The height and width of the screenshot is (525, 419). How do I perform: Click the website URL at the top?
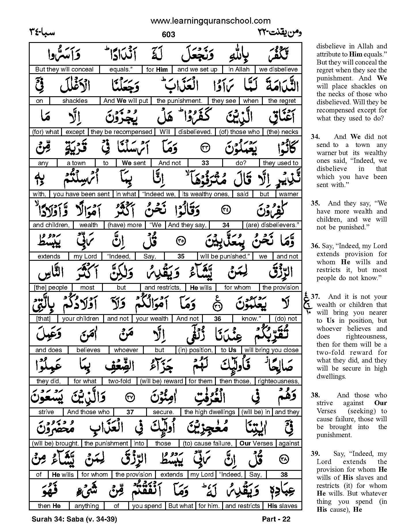click(210, 21)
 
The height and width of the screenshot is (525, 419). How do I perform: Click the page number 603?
click(169, 35)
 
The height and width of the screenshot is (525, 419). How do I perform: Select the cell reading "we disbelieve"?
click(278, 69)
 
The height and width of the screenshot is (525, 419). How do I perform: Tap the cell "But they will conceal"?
click(64, 69)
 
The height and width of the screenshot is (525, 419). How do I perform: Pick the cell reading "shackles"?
click(75, 101)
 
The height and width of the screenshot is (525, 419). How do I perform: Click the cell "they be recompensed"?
click(121, 132)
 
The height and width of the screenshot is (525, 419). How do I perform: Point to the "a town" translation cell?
click(76, 163)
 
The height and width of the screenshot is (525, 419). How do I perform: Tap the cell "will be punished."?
click(224, 256)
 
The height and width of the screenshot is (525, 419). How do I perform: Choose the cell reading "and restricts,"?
click(163, 288)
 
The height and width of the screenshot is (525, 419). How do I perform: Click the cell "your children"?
click(80, 319)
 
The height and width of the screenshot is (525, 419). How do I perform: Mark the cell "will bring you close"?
click(271, 350)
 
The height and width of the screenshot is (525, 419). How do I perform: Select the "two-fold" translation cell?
click(119, 381)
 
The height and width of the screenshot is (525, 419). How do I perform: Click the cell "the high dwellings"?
click(209, 412)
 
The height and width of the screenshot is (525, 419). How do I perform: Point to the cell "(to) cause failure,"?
click(207, 443)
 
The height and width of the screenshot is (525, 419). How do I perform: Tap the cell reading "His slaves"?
click(282, 506)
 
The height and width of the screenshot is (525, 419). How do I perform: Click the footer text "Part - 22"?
click(276, 519)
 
